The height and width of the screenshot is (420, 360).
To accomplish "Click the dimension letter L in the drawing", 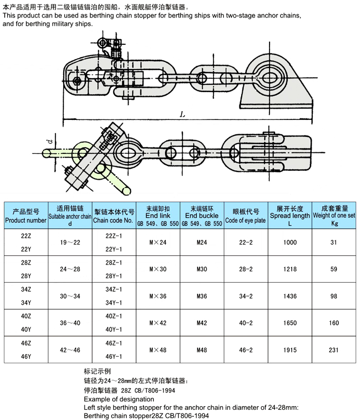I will [x=183, y=115].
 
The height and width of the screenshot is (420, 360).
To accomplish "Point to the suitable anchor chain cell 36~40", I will [x=71, y=323].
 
